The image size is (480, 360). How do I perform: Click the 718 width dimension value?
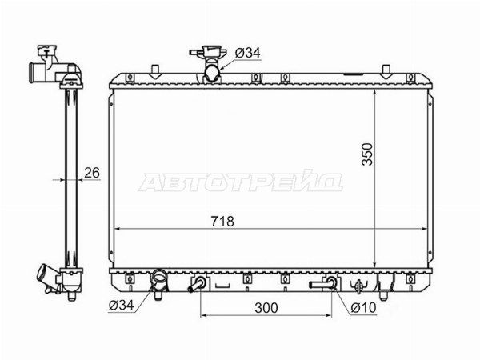point(222,221)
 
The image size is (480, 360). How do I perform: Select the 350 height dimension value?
point(367,154)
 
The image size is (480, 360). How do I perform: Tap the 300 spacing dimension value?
point(266,308)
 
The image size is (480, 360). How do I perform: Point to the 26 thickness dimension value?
point(92,173)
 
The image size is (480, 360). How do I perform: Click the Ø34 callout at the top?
point(247,53)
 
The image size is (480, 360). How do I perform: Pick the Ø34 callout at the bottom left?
point(122,305)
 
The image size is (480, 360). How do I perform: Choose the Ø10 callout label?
point(363,307)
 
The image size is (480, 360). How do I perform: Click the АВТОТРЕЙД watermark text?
point(241,182)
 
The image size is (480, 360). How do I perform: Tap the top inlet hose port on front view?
point(212,74)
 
